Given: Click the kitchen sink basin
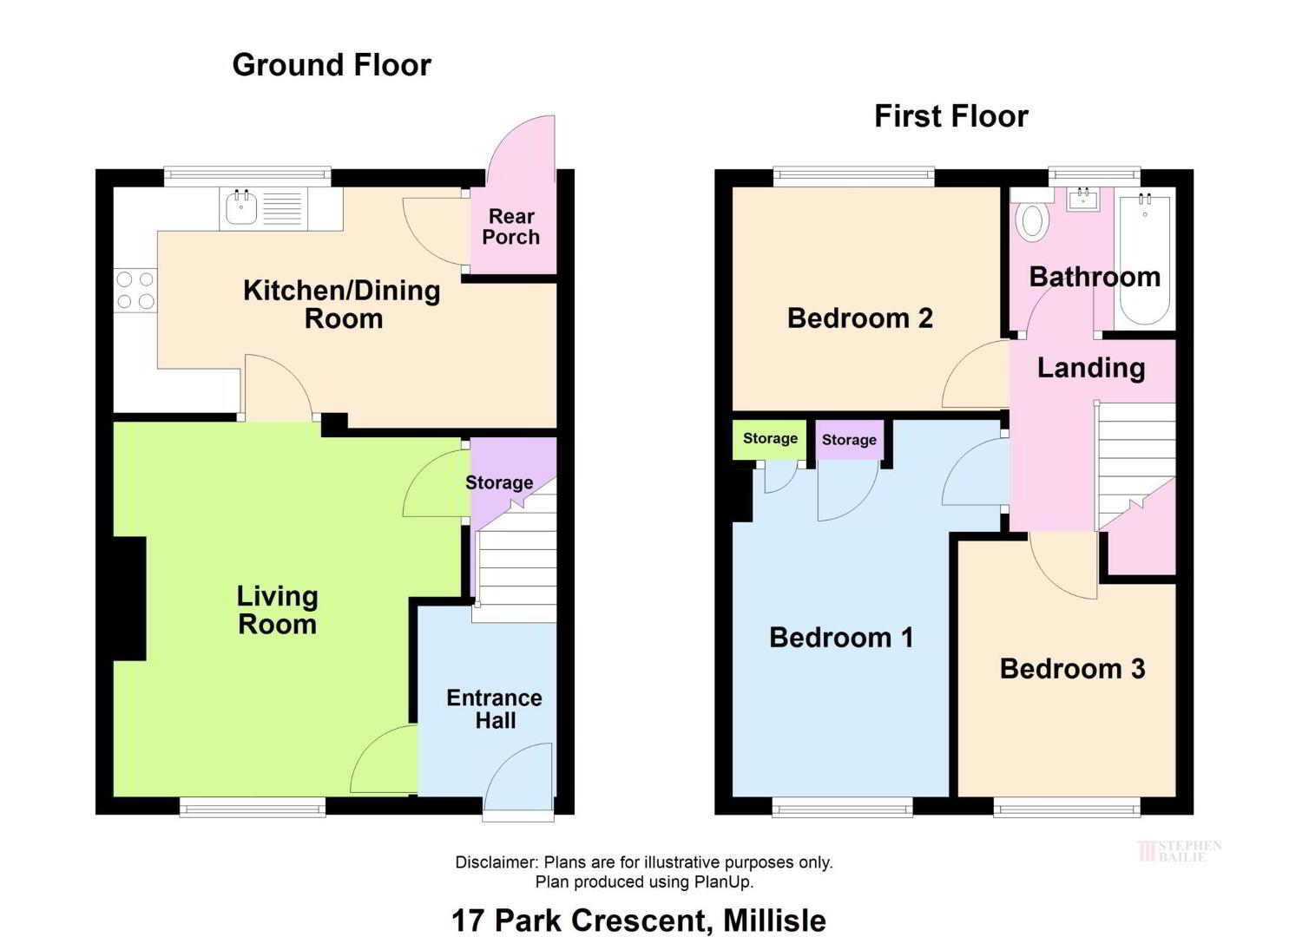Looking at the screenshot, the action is click(x=241, y=208).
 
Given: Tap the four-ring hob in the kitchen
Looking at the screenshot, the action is click(x=135, y=291).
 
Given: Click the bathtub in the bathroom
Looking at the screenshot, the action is click(x=1144, y=259).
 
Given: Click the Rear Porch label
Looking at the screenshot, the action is click(x=511, y=226).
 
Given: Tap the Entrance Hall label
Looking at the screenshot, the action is click(x=494, y=709).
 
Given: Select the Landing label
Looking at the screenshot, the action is click(x=1091, y=368).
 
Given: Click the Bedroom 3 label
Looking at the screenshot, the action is click(x=1072, y=668).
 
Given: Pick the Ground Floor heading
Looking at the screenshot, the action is click(x=332, y=65).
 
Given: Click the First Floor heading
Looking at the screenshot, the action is click(x=951, y=116).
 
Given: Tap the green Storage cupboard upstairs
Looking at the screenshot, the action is click(x=770, y=441).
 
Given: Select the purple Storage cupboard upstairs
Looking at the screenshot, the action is click(x=850, y=441).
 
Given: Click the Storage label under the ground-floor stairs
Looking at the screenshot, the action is click(x=499, y=482).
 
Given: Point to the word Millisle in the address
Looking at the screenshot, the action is click(x=774, y=921).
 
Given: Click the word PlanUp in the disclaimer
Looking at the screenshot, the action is click(x=721, y=881).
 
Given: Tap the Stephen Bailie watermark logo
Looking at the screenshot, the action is click(x=1180, y=851).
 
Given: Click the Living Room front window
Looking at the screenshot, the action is click(x=253, y=807).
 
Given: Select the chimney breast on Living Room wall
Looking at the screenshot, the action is click(x=129, y=599).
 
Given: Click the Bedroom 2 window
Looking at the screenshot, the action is click(x=853, y=177).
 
